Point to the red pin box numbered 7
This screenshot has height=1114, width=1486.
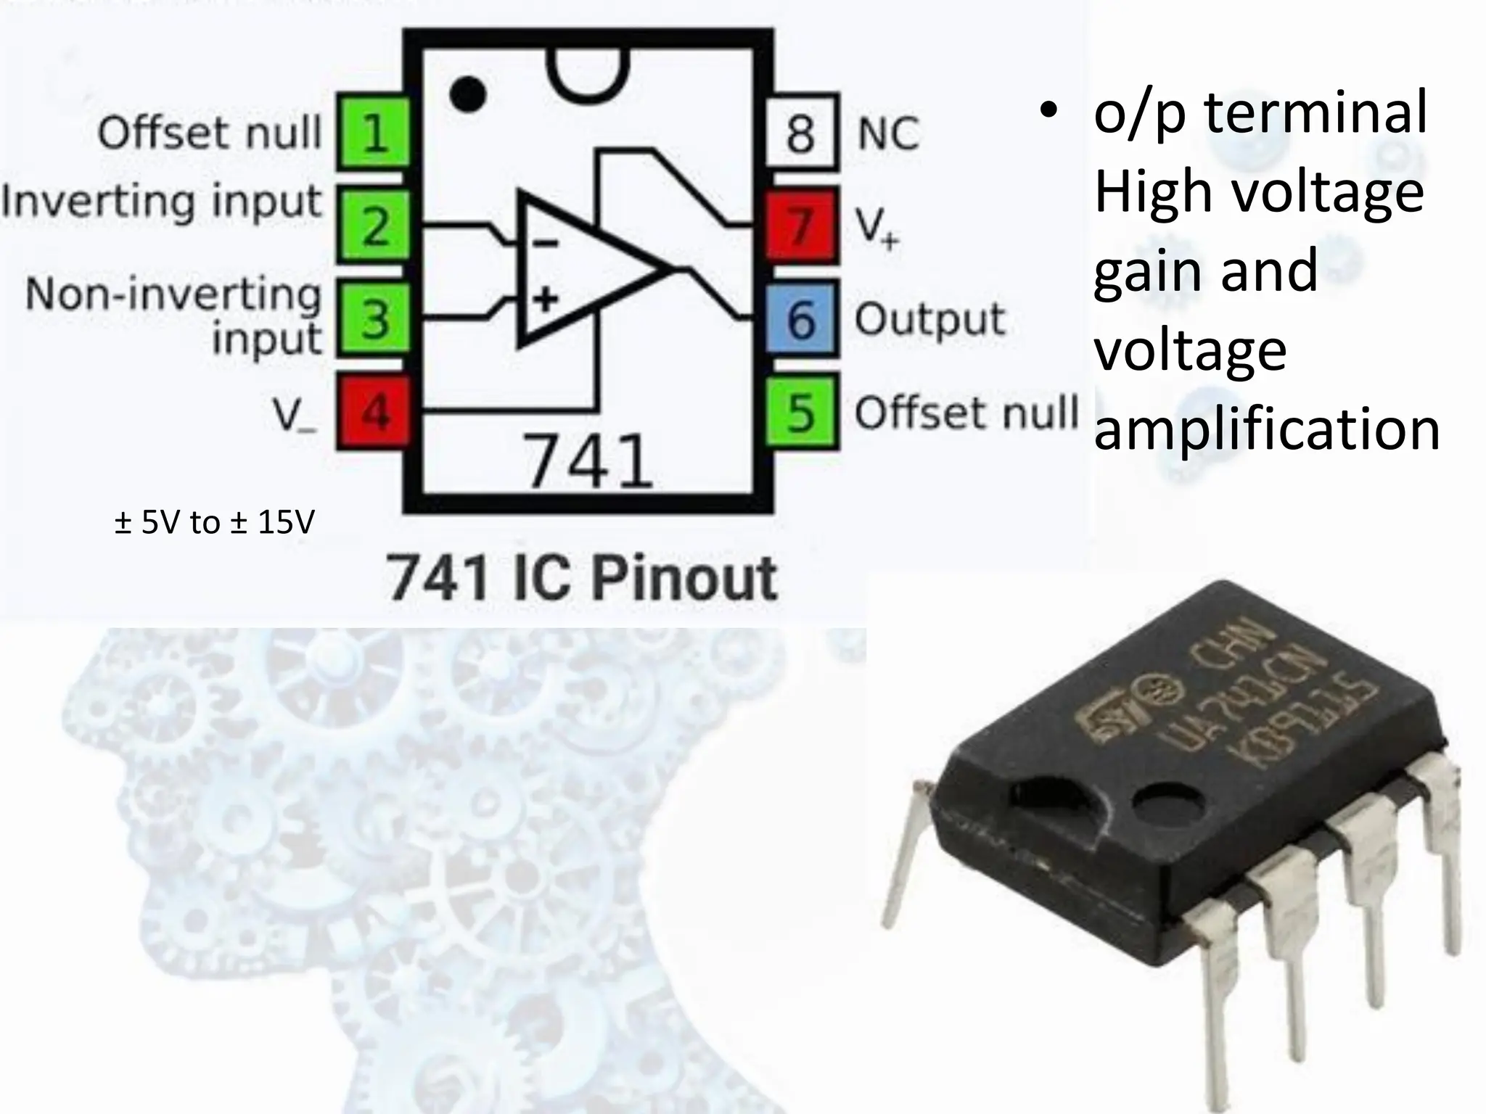(801, 226)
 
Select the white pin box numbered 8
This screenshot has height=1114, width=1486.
(801, 133)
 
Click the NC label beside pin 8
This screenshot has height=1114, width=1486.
(887, 134)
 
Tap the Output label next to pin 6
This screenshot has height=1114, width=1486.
(929, 320)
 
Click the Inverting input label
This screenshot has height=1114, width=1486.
(161, 202)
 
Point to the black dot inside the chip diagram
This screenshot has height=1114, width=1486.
(467, 94)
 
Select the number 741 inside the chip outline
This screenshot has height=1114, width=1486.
(588, 461)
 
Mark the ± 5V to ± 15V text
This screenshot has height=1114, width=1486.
(214, 522)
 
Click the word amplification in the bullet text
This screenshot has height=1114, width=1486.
(1266, 429)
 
